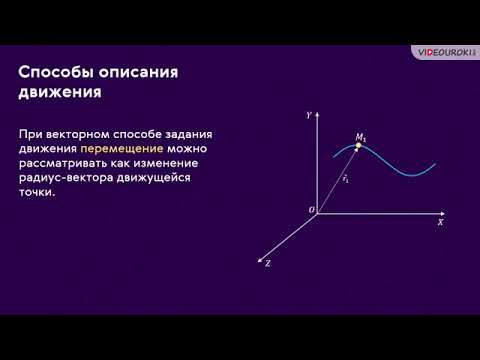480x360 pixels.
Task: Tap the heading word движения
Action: (61, 93)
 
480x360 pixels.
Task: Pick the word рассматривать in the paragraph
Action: (65, 163)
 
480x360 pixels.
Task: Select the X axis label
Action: (440, 224)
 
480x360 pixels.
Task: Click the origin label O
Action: (311, 209)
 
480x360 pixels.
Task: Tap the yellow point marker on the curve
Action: (359, 147)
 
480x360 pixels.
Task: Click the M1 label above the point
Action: (360, 135)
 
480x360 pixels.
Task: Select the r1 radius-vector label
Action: (345, 179)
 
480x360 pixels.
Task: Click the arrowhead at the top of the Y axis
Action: (318, 115)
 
